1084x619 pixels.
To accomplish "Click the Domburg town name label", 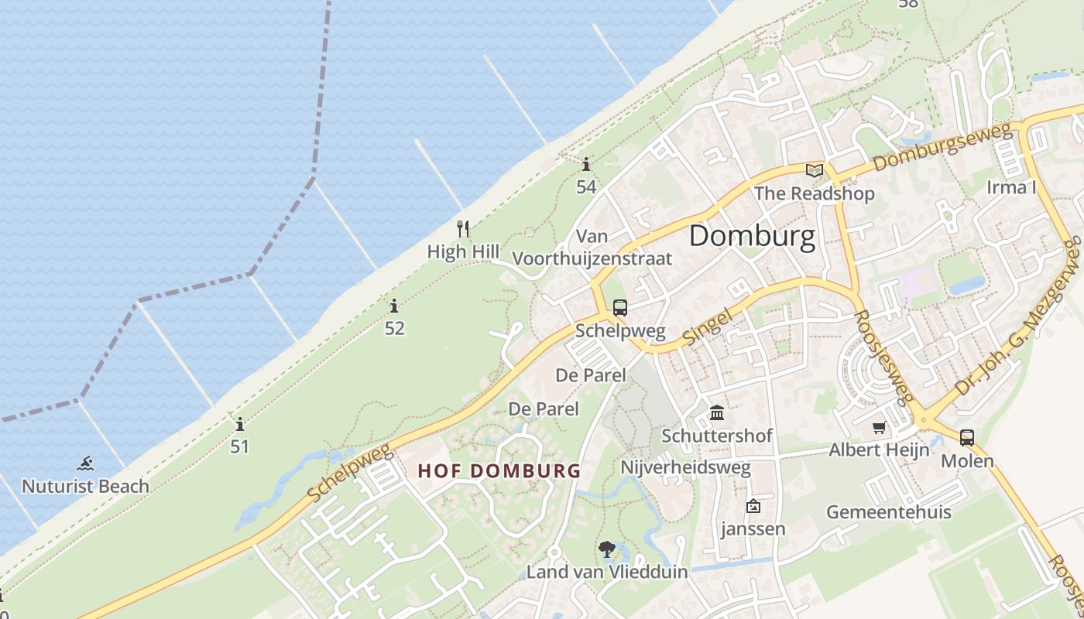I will click(752, 237).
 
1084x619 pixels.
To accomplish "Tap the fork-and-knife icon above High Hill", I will click(463, 228).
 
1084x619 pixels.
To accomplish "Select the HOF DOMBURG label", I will click(499, 470).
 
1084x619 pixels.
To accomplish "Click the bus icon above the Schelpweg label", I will click(620, 307).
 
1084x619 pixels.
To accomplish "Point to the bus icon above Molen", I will click(967, 438).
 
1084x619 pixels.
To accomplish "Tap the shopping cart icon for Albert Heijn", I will click(879, 427).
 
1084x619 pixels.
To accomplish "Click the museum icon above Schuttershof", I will click(717, 412).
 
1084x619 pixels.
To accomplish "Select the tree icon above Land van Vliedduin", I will click(607, 549).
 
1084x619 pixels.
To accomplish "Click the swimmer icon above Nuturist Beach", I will click(85, 463).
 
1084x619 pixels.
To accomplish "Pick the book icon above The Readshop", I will click(814, 171).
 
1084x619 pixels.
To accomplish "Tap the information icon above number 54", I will click(586, 164).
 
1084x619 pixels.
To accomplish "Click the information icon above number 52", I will click(394, 306).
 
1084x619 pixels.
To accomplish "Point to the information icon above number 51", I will click(240, 424).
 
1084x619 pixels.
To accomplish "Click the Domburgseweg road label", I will click(942, 149).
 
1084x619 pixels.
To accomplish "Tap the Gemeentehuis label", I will click(889, 512).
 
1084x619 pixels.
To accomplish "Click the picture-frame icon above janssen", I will click(753, 507).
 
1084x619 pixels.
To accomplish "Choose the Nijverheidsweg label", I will click(685, 467).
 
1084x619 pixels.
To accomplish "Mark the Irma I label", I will click(1011, 187).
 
